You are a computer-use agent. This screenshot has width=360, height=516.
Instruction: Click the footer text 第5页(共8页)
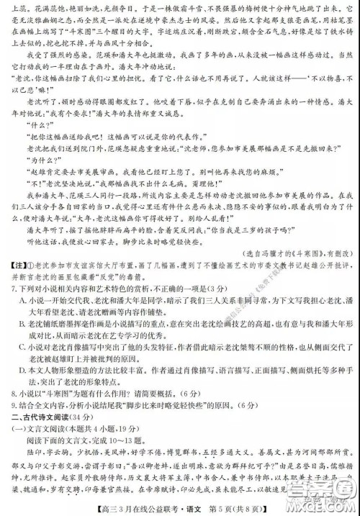click(240, 510)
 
